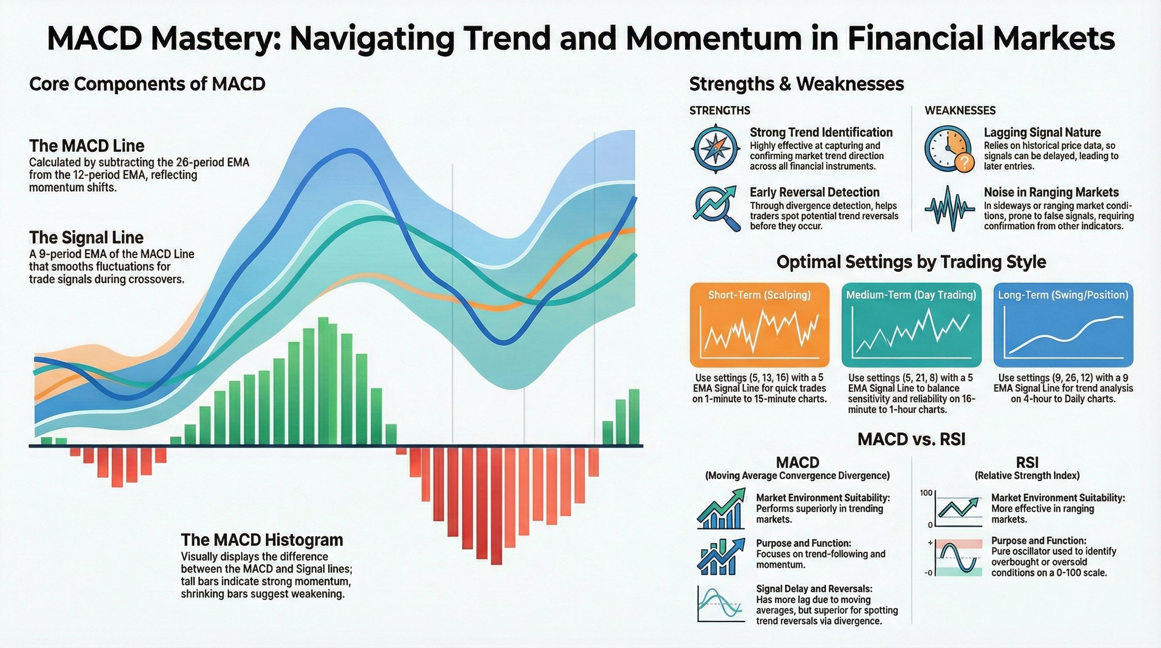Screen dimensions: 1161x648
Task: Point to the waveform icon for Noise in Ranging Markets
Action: pos(949,208)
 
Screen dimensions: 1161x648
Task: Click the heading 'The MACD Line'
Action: pos(86,146)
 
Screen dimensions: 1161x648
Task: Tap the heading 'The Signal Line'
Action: pos(86,238)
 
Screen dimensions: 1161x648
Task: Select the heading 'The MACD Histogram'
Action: pos(262,540)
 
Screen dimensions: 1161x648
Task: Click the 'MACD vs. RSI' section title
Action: pos(911,439)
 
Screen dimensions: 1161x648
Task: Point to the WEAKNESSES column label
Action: pos(960,111)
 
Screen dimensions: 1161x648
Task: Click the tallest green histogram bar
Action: pos(323,381)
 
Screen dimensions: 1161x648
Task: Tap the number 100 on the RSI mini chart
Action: pos(926,493)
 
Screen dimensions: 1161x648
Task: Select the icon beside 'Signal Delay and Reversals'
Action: pos(721,604)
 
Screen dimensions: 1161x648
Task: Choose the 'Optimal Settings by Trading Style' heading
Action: pos(911,262)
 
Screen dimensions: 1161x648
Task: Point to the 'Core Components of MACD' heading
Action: pos(147,84)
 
